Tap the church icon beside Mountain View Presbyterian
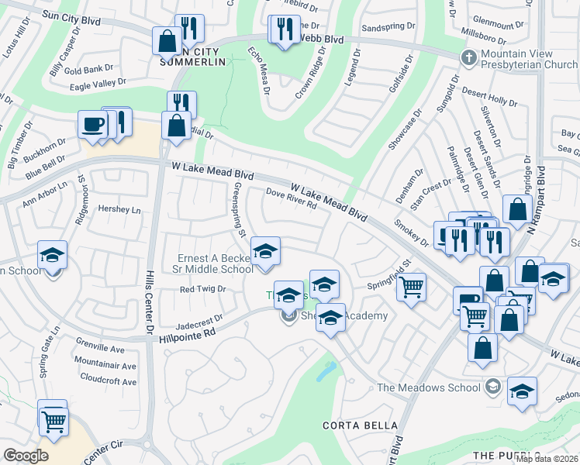468,58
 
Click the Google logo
26,455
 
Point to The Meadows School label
429,387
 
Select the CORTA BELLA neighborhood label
360,425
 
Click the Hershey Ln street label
119,209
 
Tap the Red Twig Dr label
202,289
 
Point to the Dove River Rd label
292,201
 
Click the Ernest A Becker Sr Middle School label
214,263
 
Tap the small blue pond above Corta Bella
326,371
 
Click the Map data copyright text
547,459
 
